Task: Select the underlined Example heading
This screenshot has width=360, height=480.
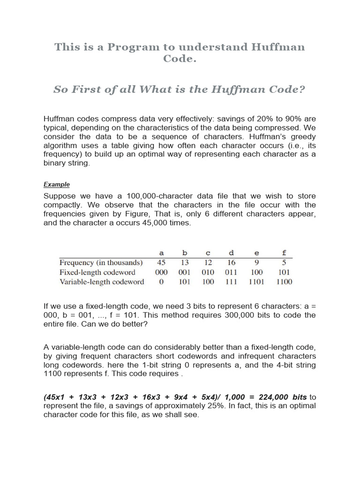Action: point(57,184)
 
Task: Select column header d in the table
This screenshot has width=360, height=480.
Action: point(231,253)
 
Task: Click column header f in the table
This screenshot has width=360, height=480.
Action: point(284,253)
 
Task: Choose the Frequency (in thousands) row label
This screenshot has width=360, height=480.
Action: point(100,262)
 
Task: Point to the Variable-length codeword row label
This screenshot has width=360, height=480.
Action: point(102,282)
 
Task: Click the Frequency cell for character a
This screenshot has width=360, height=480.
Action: point(161,262)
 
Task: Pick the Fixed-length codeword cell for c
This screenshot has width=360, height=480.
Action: point(208,272)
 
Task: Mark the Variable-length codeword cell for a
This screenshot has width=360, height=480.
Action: point(161,282)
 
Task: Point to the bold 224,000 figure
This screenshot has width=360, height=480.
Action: point(267,397)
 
